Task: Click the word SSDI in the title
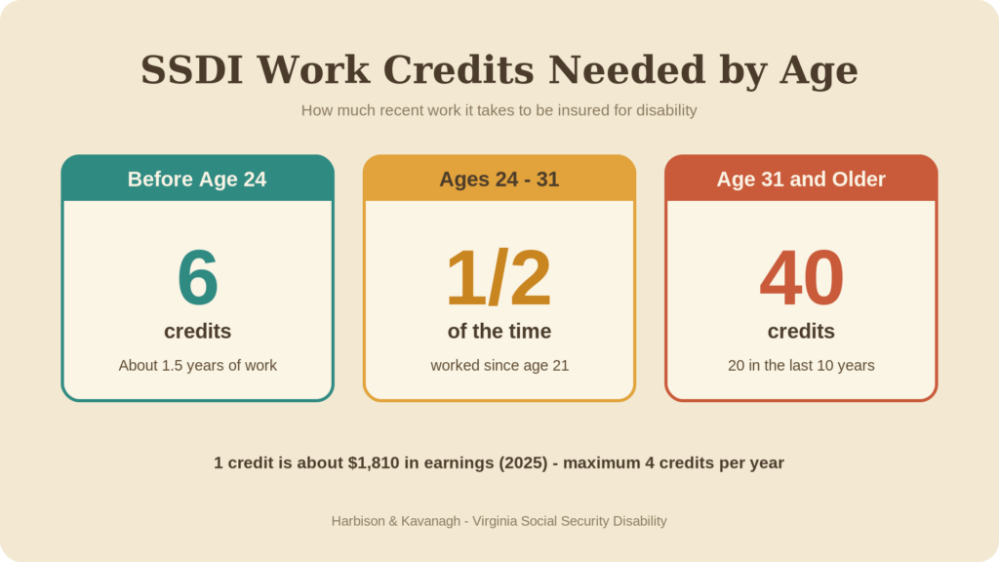[x=192, y=69]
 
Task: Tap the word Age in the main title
[x=819, y=71]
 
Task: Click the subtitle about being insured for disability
[x=499, y=110]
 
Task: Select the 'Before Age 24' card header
[x=197, y=179]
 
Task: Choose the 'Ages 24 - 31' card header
[x=499, y=179]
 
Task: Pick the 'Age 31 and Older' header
[x=801, y=179]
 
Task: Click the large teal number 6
[x=197, y=277]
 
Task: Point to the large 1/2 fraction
[x=499, y=277]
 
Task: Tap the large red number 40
[x=802, y=277]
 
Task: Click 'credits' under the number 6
[x=197, y=332]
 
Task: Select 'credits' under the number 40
[x=801, y=332]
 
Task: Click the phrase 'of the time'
[x=499, y=332]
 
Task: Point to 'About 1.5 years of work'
[x=197, y=365]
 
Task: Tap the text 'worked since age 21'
[x=499, y=365]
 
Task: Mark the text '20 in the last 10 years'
[x=801, y=365]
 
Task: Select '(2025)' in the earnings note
[x=523, y=462]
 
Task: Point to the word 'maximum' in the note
[x=601, y=463]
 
